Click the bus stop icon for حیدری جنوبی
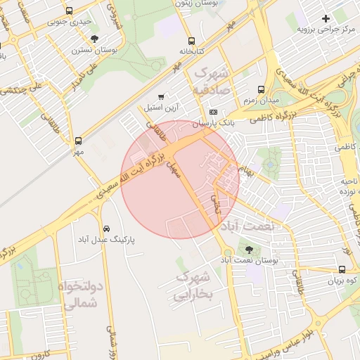69,11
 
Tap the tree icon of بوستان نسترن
95,39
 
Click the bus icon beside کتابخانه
191,40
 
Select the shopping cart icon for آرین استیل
162,96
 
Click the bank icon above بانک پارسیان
213,112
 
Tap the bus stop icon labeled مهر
78,140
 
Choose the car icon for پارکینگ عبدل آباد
105,229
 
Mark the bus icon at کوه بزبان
342,269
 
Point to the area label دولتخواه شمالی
82,295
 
